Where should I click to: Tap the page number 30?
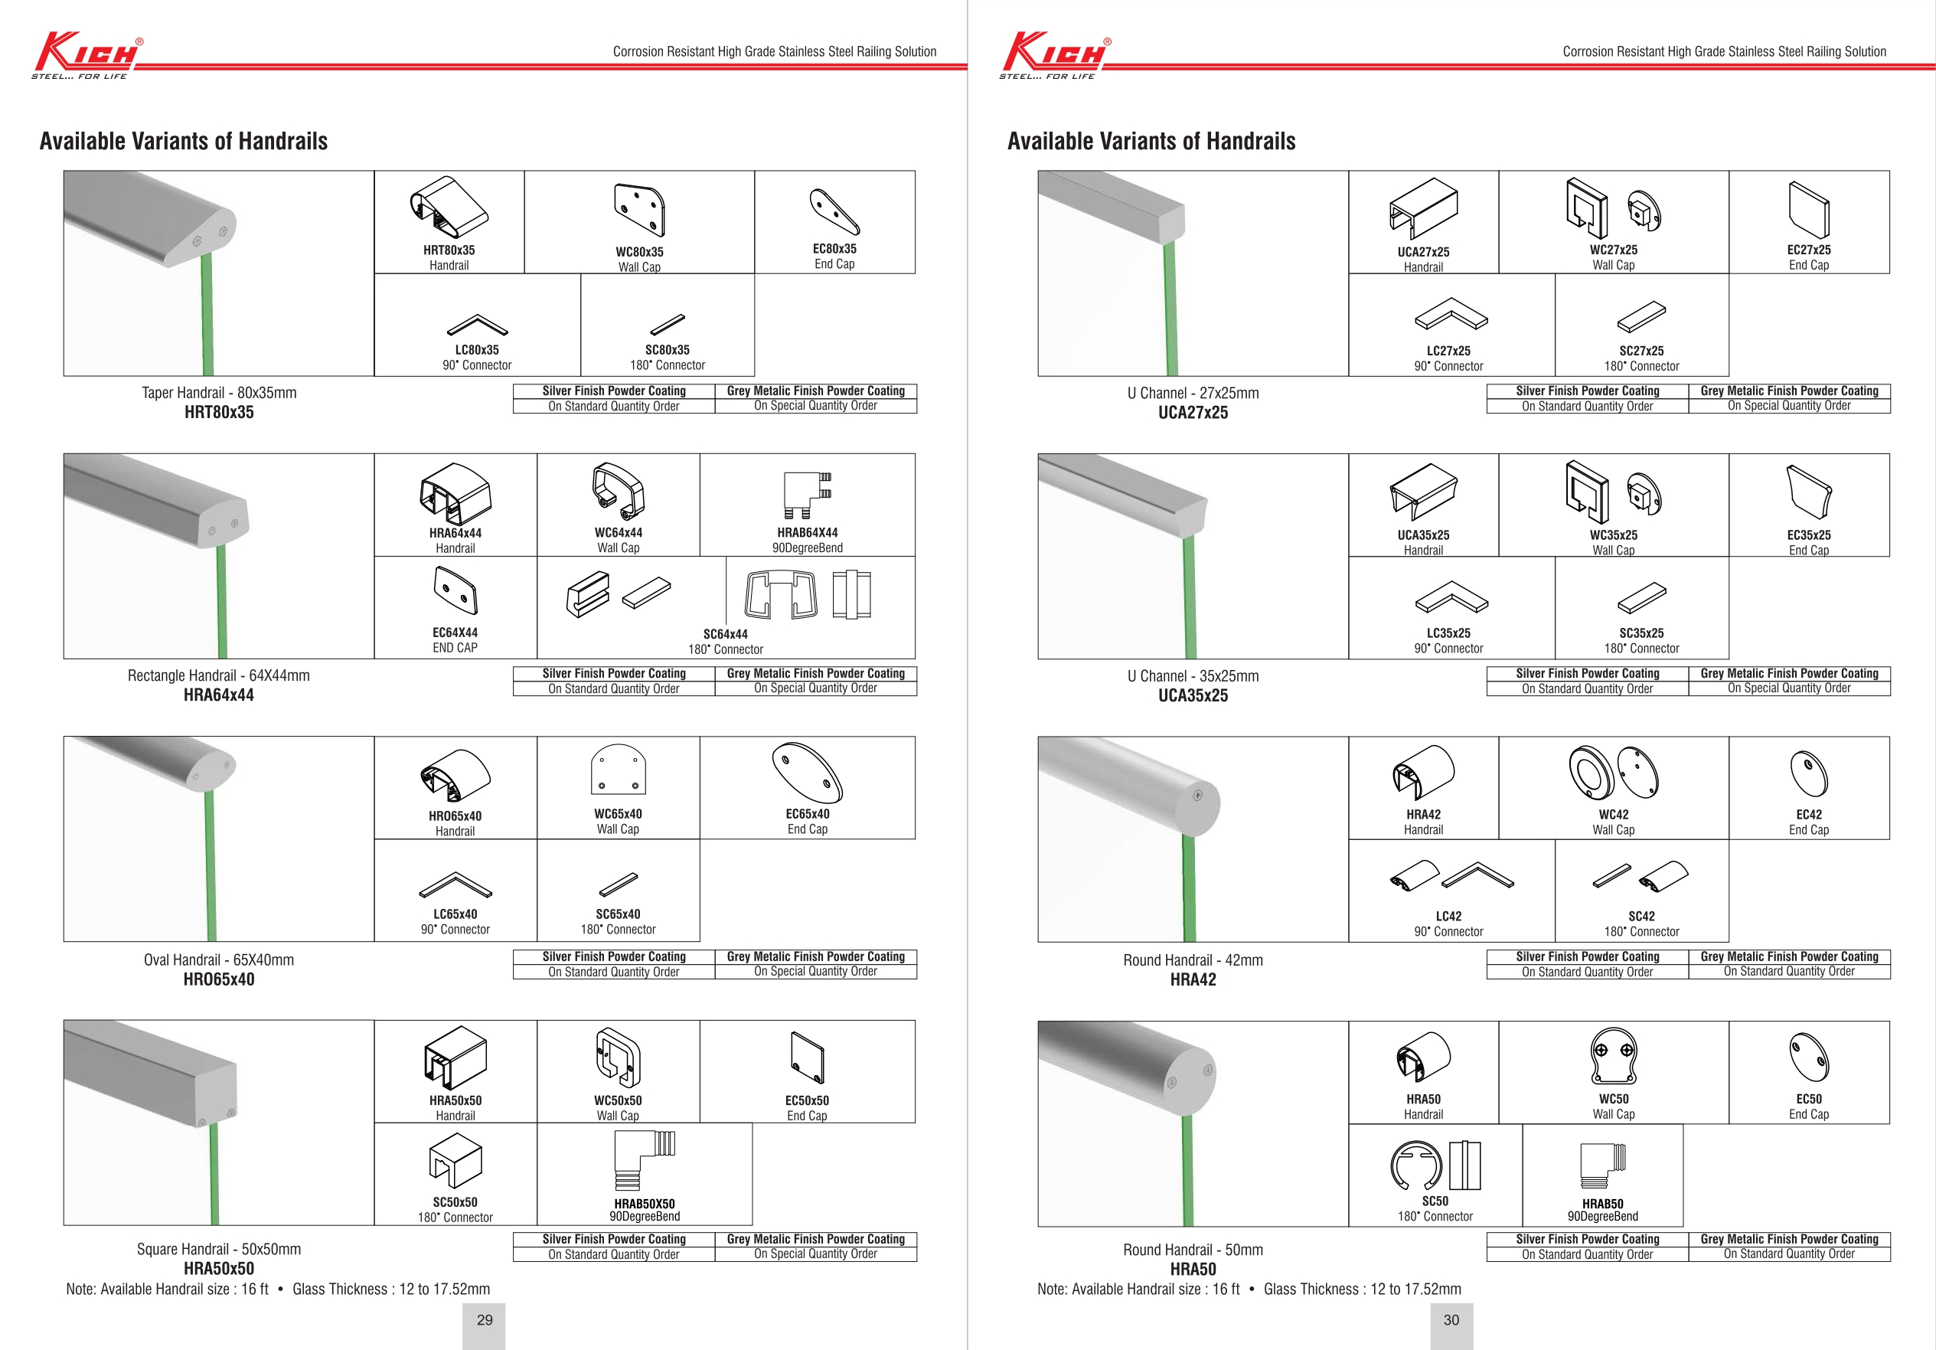[x=1451, y=1320]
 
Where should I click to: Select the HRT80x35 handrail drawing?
[x=449, y=208]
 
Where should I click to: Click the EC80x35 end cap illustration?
[x=834, y=211]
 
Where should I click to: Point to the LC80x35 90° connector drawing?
[x=477, y=325]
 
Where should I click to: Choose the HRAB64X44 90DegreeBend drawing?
[x=807, y=495]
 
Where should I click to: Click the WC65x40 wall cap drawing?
[x=618, y=770]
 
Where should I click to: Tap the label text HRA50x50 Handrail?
[x=455, y=1107]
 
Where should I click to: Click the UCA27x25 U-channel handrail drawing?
[x=1423, y=208]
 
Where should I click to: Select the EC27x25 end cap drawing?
[x=1809, y=209]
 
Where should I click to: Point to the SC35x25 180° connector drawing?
[x=1642, y=599]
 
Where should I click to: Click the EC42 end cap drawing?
[x=1809, y=773]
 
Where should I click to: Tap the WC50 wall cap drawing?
[x=1613, y=1055]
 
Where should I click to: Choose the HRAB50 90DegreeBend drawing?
[x=1602, y=1166]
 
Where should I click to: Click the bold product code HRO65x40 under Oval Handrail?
[x=218, y=979]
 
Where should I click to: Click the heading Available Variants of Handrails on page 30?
[x=1151, y=141]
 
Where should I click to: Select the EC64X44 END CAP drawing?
[x=455, y=590]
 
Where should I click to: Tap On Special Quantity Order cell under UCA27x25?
[x=1788, y=406]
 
